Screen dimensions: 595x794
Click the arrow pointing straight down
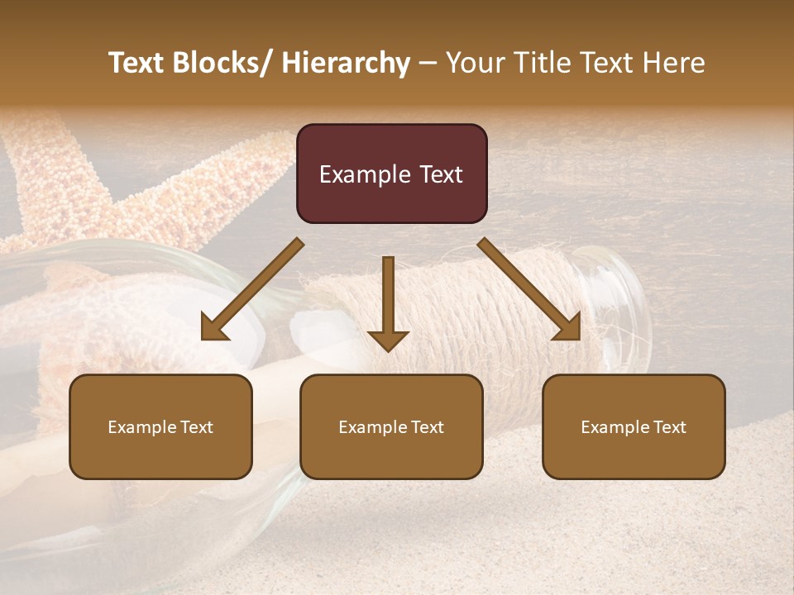point(388,302)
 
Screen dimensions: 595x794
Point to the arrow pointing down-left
point(252,289)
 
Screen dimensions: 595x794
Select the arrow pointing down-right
point(529,289)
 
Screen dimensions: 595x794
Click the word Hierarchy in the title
point(346,63)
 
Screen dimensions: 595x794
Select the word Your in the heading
point(473,63)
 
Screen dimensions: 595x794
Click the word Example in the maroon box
point(365,174)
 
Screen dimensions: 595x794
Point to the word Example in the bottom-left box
point(141,427)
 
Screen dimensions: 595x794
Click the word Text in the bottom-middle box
point(425,427)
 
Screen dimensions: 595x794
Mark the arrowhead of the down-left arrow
point(213,328)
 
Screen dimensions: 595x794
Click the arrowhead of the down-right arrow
point(569,328)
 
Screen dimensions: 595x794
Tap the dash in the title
point(428,63)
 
